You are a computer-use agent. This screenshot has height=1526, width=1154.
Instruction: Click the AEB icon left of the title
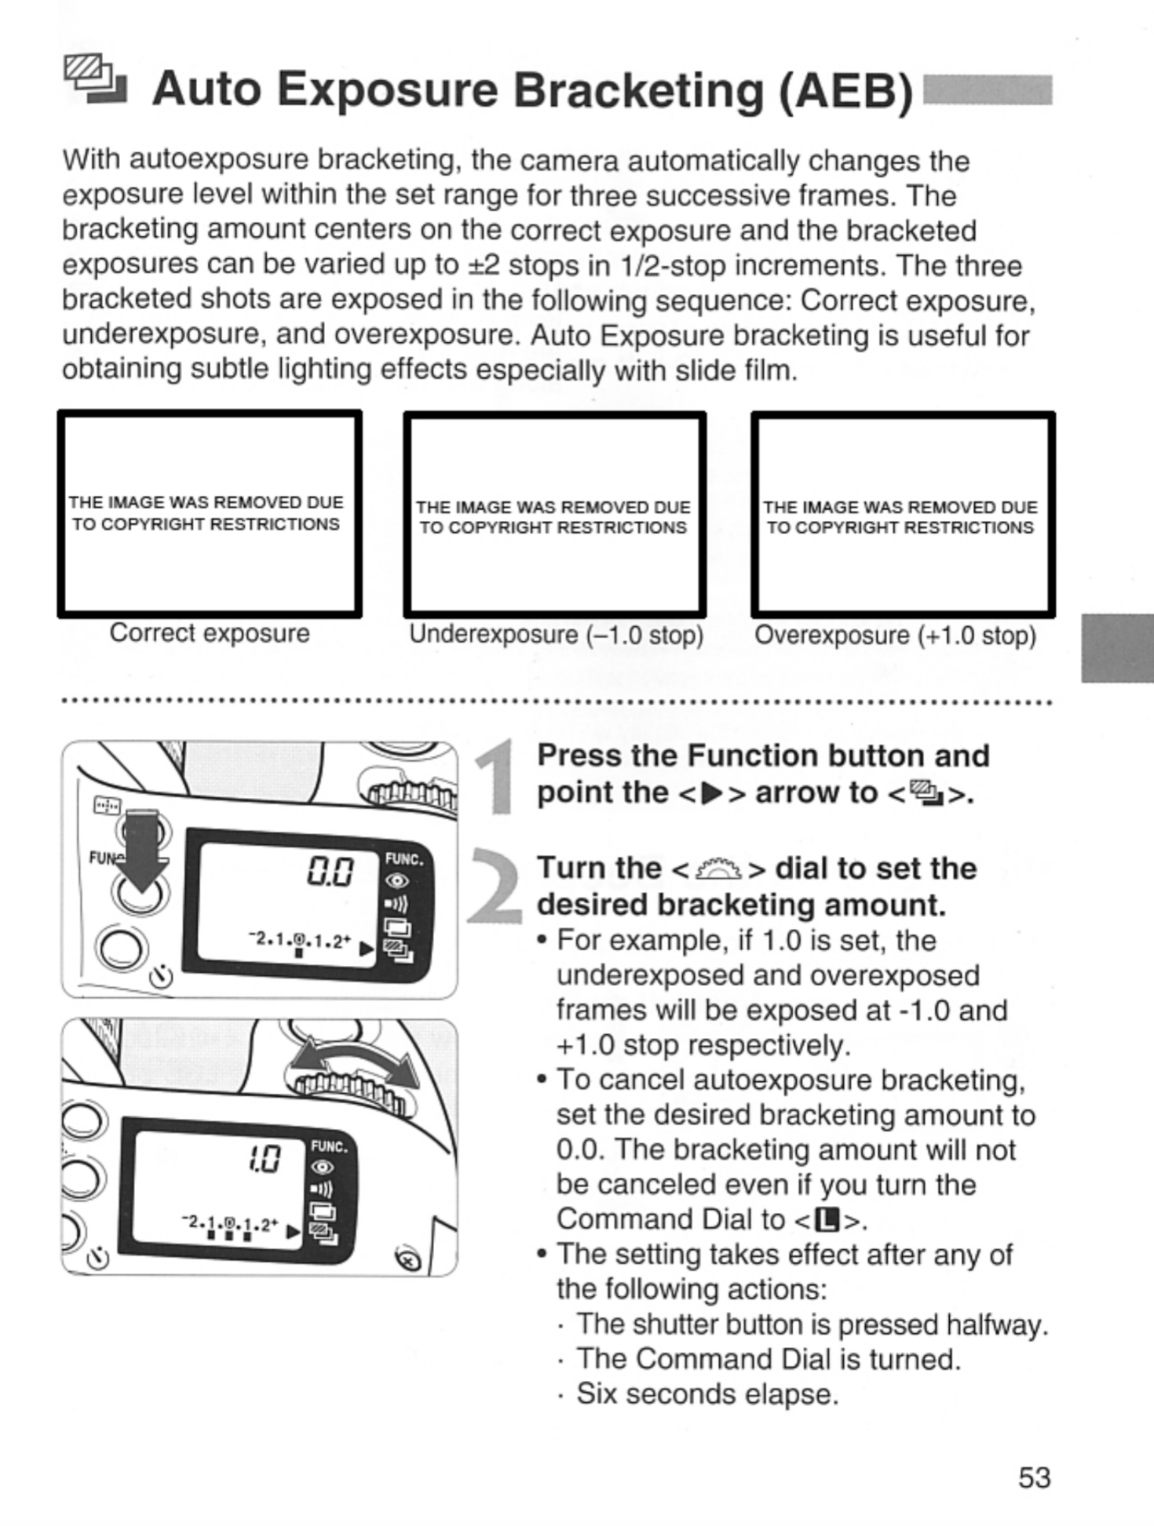pyautogui.click(x=94, y=80)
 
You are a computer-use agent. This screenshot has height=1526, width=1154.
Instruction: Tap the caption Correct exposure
pyautogui.click(x=210, y=633)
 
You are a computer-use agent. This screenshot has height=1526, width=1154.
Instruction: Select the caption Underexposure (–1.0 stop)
pyautogui.click(x=555, y=635)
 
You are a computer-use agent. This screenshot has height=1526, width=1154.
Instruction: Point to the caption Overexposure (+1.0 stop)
pyautogui.click(x=895, y=635)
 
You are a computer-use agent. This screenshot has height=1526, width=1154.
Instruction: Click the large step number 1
pyautogui.click(x=497, y=778)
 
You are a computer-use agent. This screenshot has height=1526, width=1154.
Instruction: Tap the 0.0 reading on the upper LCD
pyautogui.click(x=330, y=871)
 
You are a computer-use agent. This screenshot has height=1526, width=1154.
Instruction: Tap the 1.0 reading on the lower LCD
pyautogui.click(x=265, y=1158)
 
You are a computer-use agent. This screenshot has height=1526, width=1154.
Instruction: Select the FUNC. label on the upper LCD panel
pyautogui.click(x=404, y=859)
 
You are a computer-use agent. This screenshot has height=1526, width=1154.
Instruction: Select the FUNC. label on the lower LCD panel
pyautogui.click(x=329, y=1146)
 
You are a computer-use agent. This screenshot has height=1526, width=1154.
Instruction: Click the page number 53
pyautogui.click(x=1034, y=1477)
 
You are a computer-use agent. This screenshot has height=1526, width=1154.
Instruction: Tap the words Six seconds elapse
pyautogui.click(x=707, y=1394)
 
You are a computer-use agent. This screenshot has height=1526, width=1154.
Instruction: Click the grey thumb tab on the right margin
pyautogui.click(x=1116, y=648)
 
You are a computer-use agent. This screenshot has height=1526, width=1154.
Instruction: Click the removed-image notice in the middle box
pyautogui.click(x=553, y=517)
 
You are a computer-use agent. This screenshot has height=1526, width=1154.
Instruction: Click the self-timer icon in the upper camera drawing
pyautogui.click(x=162, y=977)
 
